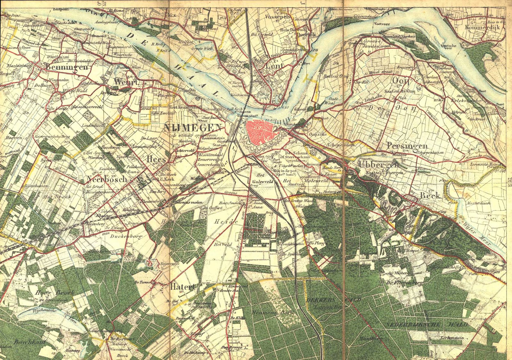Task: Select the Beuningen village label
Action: [67, 67]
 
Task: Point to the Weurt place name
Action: [126, 82]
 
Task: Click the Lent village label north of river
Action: [274, 66]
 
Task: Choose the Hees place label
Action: [156, 159]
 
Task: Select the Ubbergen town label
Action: [379, 164]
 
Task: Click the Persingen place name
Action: [407, 146]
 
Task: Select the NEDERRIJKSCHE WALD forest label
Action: [427, 325]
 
